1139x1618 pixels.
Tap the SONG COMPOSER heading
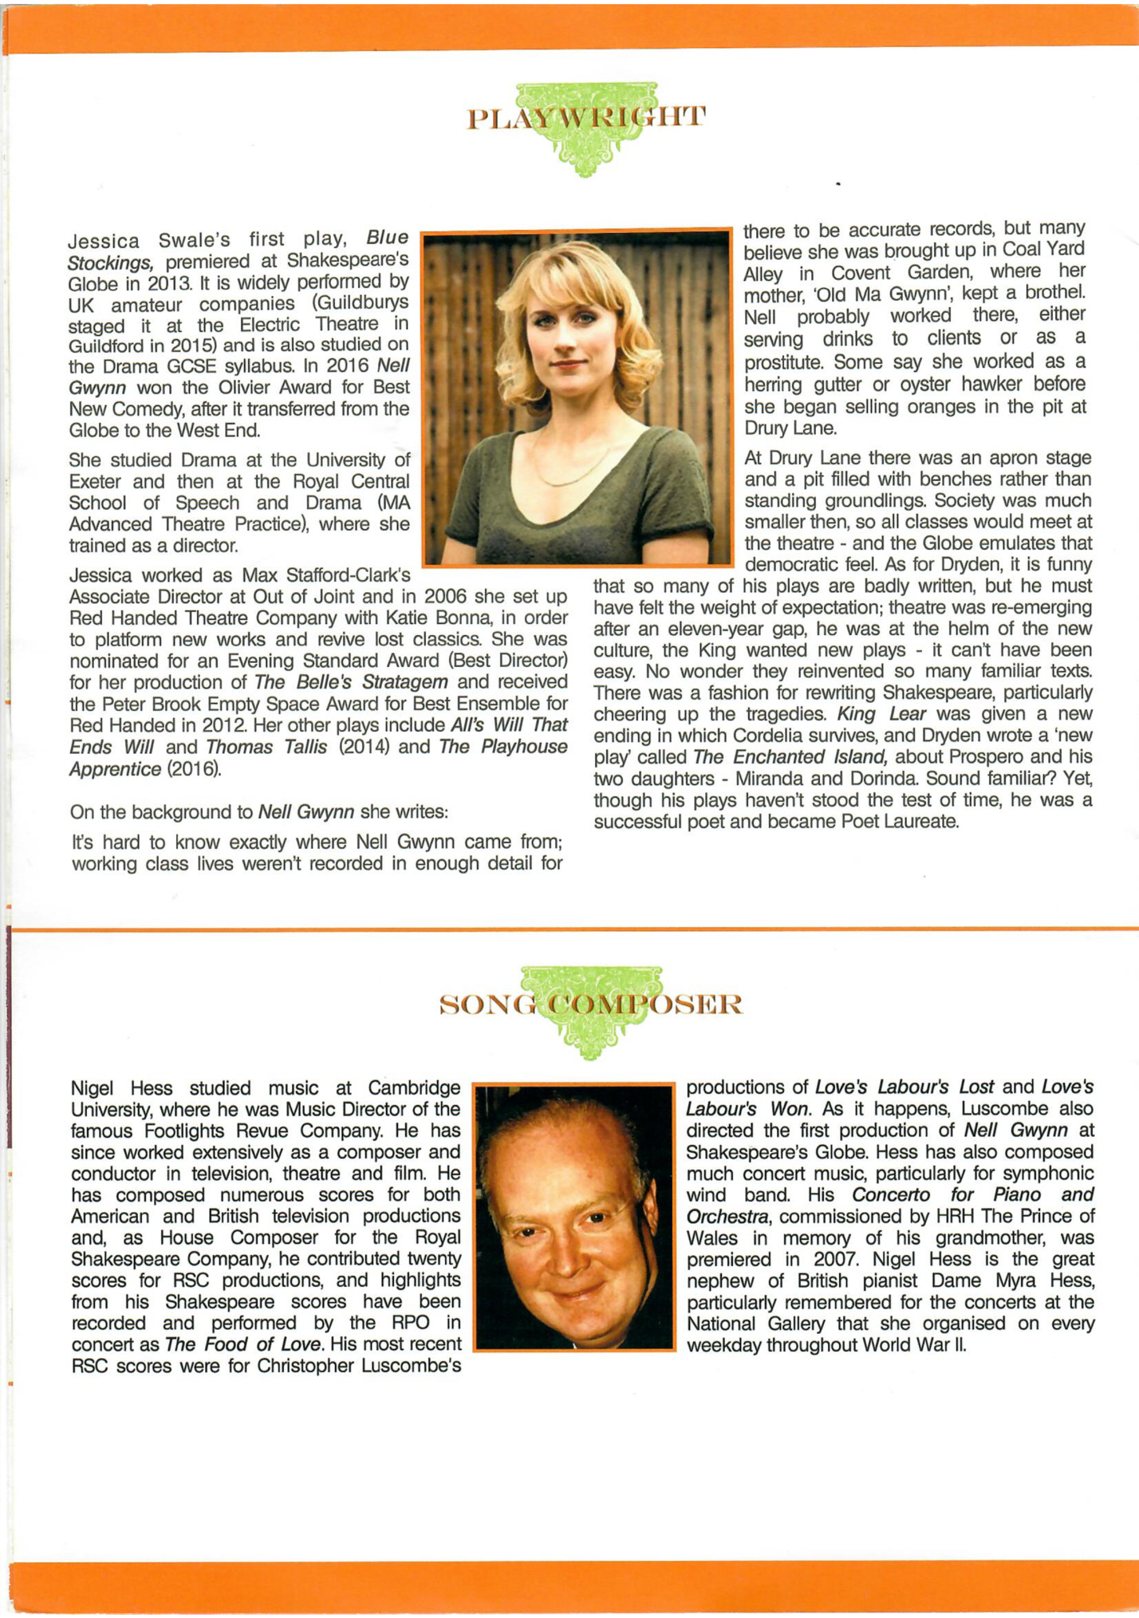click(x=591, y=1004)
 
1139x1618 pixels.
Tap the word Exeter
click(x=97, y=482)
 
